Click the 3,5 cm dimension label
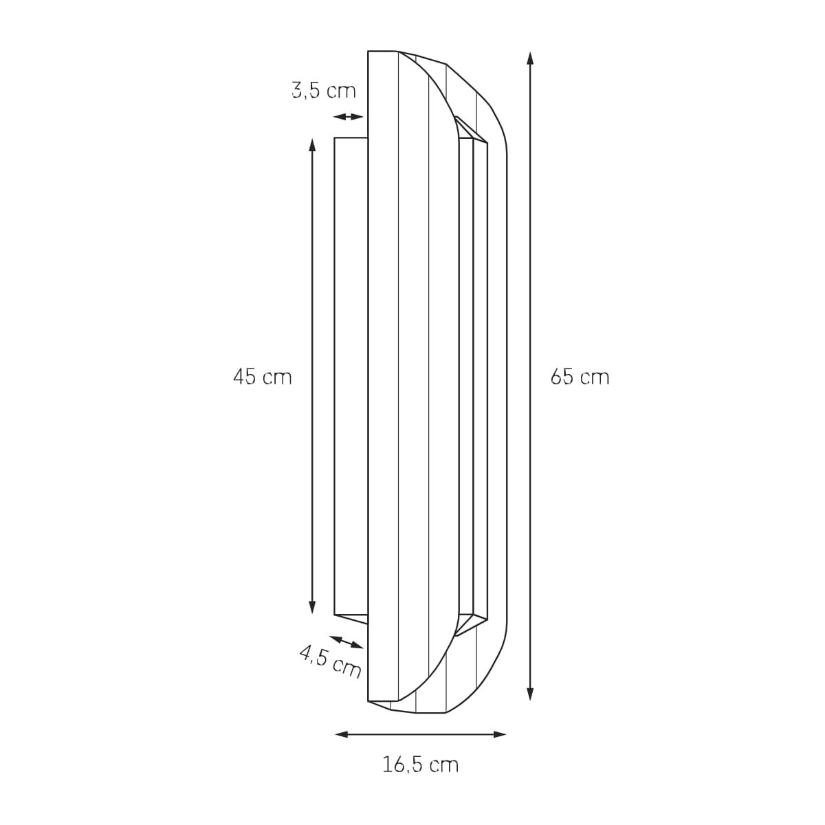(x=324, y=91)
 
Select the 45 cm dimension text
(x=263, y=377)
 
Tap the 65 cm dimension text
(x=580, y=377)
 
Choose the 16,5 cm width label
(x=420, y=764)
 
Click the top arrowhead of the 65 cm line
(x=530, y=58)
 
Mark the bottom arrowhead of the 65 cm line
(x=530, y=694)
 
